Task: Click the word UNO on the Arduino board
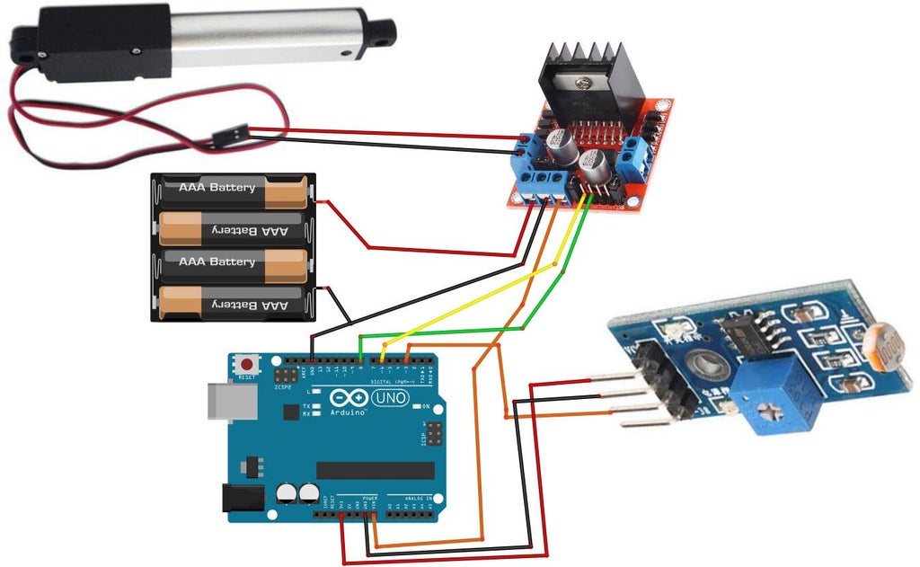click(x=392, y=397)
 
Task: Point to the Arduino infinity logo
click(x=349, y=398)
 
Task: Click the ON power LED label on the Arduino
click(x=426, y=406)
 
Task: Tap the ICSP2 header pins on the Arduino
click(x=287, y=373)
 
